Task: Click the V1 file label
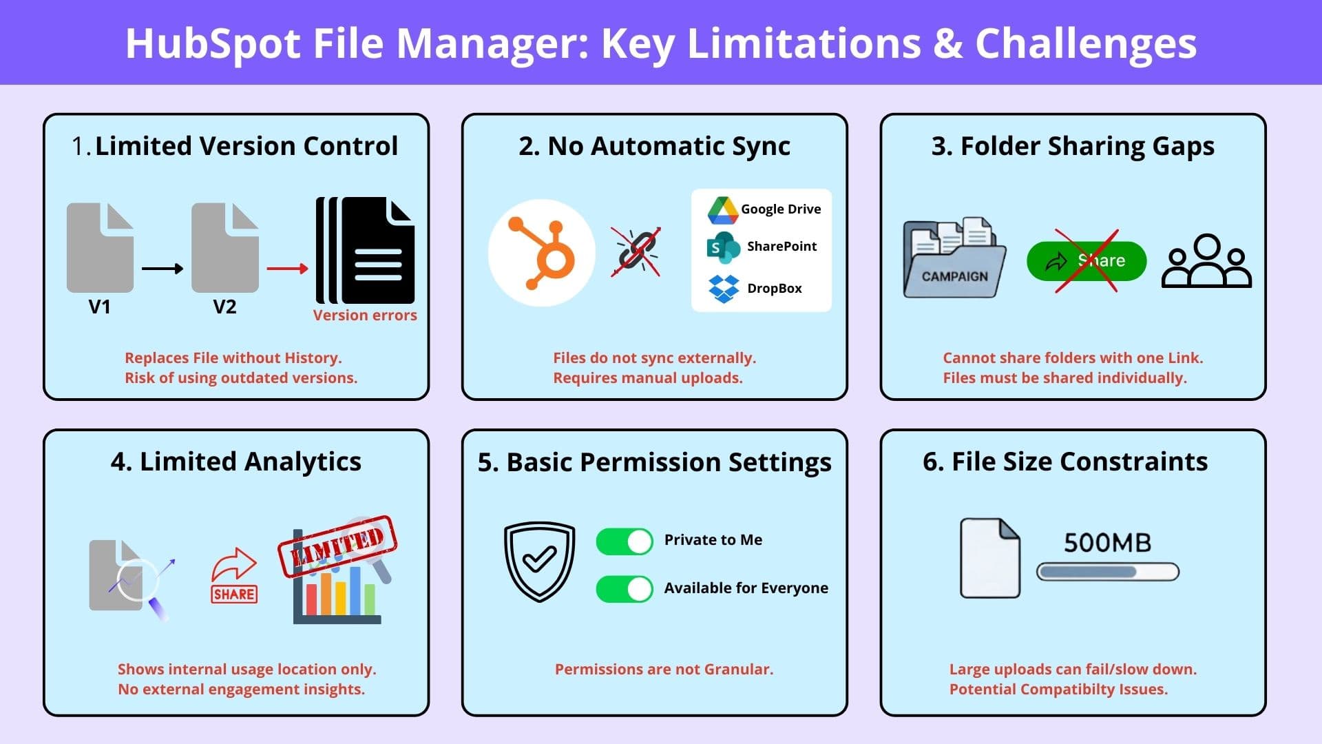100,307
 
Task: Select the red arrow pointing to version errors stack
287,269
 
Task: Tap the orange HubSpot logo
541,253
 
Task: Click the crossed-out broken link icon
636,252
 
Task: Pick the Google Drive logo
723,210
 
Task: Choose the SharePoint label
781,246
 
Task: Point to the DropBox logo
724,289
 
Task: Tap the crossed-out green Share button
1087,261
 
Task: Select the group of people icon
1206,261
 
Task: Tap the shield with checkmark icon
539,561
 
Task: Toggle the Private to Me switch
625,541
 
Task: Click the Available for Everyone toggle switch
625,589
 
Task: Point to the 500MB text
1107,543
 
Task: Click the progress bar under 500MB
1108,572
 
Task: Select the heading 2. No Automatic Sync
654,146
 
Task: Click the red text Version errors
365,316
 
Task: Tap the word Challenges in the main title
1086,43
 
